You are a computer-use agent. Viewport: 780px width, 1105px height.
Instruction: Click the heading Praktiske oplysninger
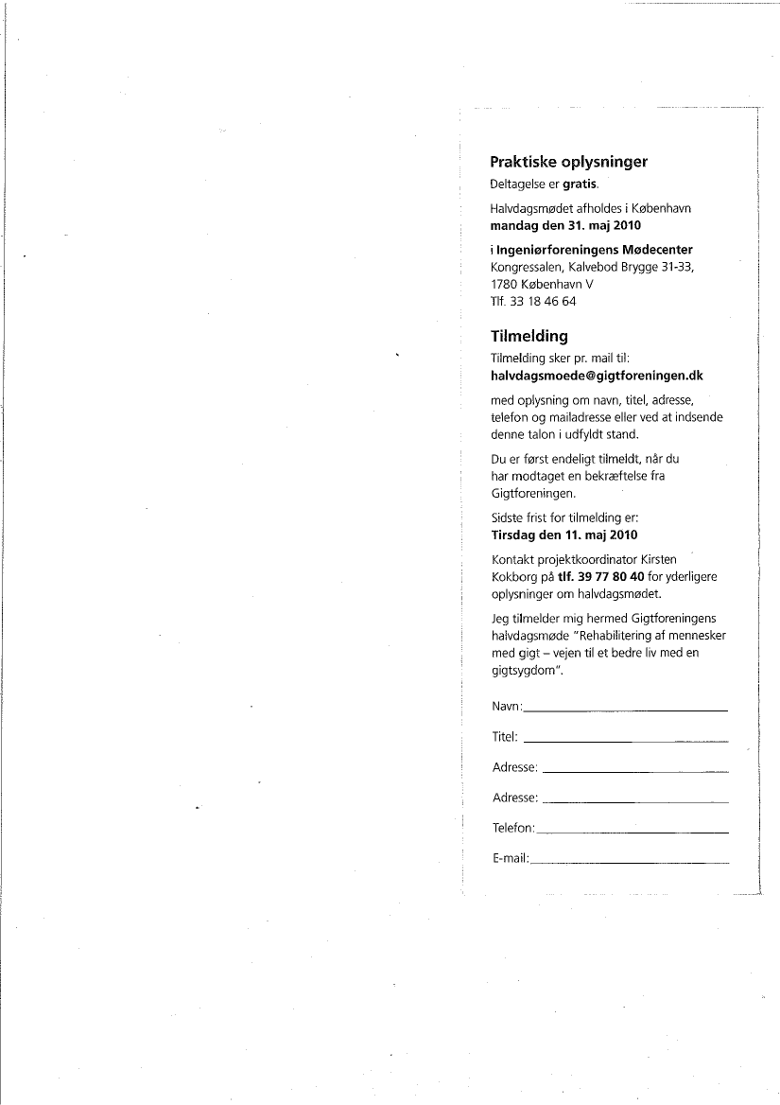pyautogui.click(x=568, y=162)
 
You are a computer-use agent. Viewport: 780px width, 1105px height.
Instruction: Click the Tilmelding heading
pyautogui.click(x=529, y=336)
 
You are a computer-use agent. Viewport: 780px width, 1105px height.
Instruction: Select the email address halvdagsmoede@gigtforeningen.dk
pyautogui.click(x=597, y=376)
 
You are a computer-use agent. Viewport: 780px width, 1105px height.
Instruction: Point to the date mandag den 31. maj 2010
pyautogui.click(x=565, y=226)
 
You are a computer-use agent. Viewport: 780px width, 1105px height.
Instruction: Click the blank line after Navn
pyautogui.click(x=625, y=709)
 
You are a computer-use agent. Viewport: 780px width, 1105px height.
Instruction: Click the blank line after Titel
pyautogui.click(x=625, y=740)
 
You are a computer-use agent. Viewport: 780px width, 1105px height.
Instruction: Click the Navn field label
pyautogui.click(x=506, y=708)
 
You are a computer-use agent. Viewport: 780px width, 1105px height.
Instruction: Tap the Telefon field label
pyautogui.click(x=512, y=829)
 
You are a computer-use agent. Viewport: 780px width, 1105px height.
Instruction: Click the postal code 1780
pyautogui.click(x=504, y=284)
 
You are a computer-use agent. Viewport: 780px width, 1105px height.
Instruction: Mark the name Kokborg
pyautogui.click(x=515, y=576)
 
